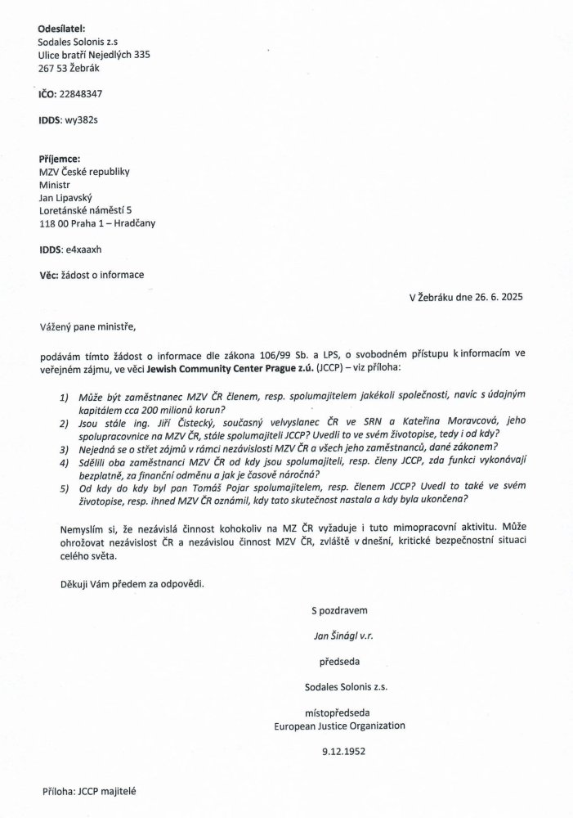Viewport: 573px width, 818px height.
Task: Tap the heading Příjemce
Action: (x=60, y=158)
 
